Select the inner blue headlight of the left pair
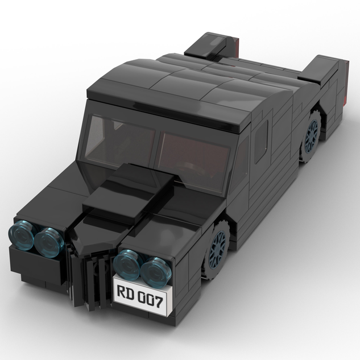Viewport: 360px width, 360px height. pos(49,241)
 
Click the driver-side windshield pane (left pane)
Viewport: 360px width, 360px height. pos(120,139)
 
